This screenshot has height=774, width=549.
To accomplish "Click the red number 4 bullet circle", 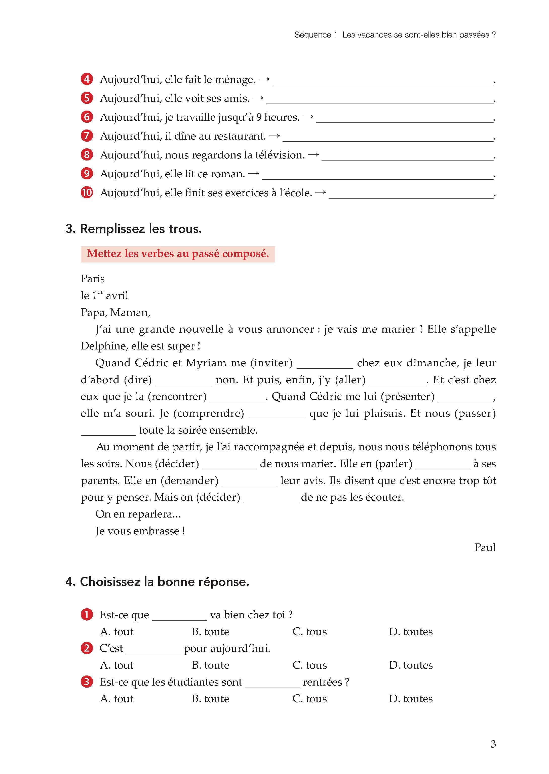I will [x=87, y=79].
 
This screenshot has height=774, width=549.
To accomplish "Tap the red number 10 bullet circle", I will [x=87, y=192].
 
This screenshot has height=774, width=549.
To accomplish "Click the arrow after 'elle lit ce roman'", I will [x=254, y=174].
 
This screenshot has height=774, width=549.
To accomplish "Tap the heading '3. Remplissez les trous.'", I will [x=134, y=229].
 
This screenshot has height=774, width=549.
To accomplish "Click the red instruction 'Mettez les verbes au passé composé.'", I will [x=178, y=254].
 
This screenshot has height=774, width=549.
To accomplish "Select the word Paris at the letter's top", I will [x=93, y=278].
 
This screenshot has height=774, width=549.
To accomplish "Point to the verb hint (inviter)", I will [x=271, y=363].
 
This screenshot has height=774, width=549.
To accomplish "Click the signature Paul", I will [x=485, y=547].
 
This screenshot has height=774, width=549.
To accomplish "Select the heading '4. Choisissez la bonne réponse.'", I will [x=157, y=582].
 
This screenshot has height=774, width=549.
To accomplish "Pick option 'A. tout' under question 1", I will [x=117, y=631].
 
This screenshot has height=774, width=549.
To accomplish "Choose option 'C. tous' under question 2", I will [x=310, y=665].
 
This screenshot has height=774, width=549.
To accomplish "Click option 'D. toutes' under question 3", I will [x=411, y=698].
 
